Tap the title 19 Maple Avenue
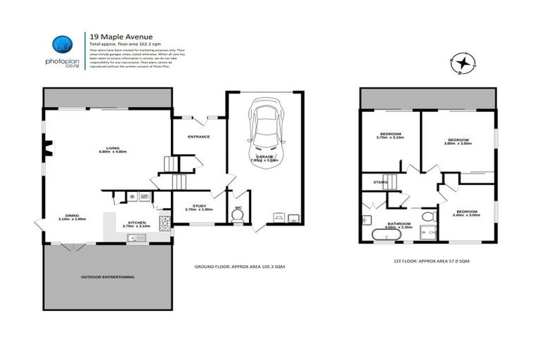120,37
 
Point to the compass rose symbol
461,64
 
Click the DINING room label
72,217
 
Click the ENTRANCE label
198,136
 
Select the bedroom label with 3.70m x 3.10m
390,136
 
